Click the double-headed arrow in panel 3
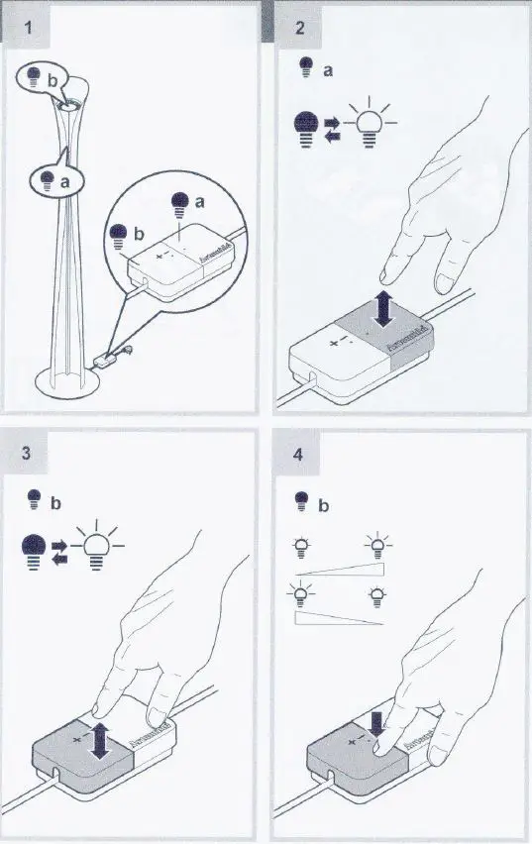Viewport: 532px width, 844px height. pyautogui.click(x=97, y=740)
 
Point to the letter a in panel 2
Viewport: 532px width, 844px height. pyautogui.click(x=328, y=71)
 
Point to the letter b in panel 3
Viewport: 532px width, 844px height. pyautogui.click(x=56, y=502)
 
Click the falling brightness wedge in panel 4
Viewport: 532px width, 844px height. pyautogui.click(x=339, y=618)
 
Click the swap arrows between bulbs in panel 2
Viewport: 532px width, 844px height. pyautogui.click(x=333, y=129)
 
